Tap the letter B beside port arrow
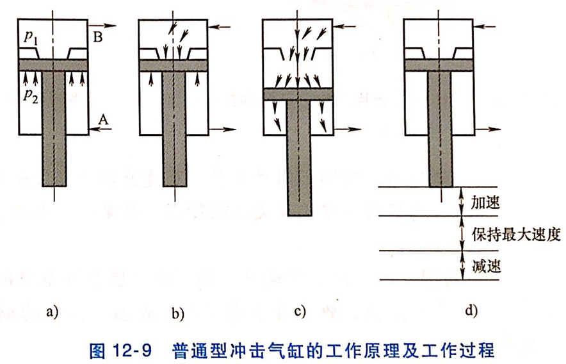point(99,38)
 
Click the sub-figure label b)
point(178,313)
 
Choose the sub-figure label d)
point(471,311)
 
